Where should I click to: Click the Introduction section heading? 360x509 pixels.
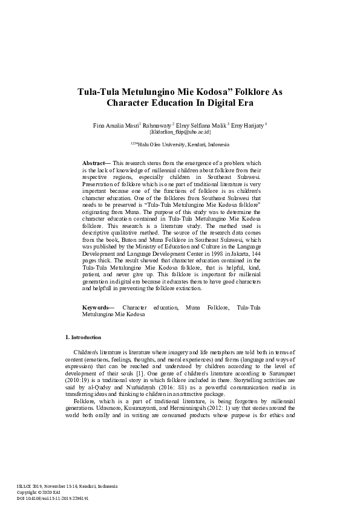tap(84, 337)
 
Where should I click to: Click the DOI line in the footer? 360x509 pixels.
tap(53, 499)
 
